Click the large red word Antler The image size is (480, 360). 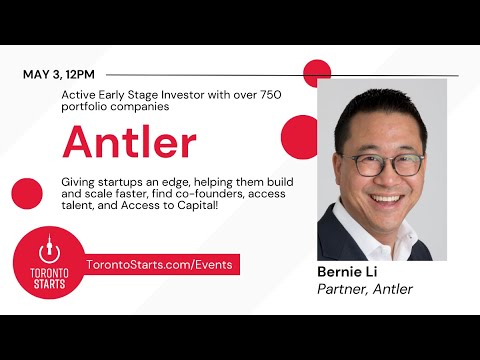coord(129,142)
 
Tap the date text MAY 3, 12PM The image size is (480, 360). coord(60,75)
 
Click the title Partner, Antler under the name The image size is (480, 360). coord(364,290)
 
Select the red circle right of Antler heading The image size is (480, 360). coord(299,134)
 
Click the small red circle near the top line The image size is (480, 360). coord(317,73)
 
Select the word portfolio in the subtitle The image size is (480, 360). coord(85,108)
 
